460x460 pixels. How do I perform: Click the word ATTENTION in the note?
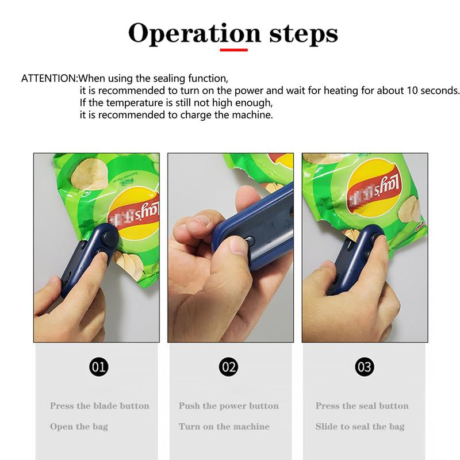48,78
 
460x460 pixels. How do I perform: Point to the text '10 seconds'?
434,91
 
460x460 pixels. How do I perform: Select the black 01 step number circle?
99,366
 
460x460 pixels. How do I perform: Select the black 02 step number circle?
229,366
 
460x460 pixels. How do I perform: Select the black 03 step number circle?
365,366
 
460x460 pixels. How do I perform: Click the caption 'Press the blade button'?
99,406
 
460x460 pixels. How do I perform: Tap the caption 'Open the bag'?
79,427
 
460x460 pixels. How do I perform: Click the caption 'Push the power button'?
228,406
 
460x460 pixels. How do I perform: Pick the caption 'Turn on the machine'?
224,427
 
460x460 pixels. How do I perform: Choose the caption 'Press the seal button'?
362,406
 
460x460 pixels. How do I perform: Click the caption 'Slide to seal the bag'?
360,427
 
